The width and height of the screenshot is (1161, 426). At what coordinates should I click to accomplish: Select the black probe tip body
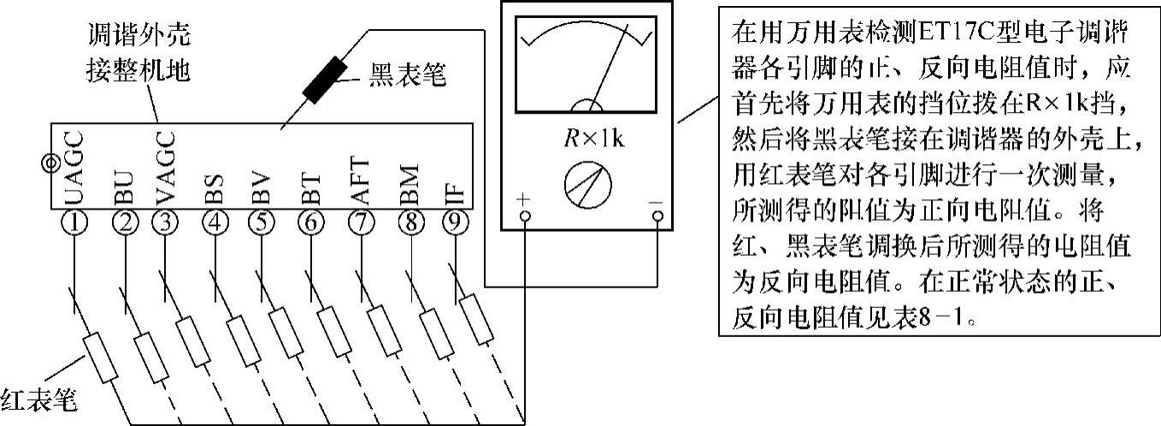[323, 80]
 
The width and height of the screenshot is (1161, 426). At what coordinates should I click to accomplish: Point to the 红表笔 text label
[38, 398]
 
